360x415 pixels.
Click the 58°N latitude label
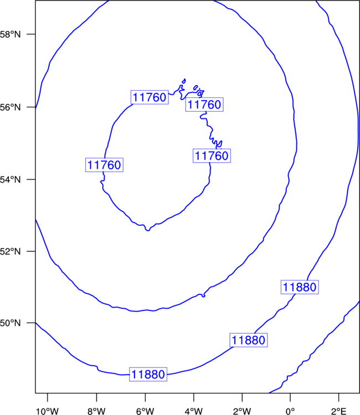click(x=10, y=34)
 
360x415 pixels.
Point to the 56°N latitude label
click(x=10, y=107)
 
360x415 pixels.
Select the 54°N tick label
click(x=10, y=180)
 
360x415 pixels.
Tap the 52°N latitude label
click(x=10, y=251)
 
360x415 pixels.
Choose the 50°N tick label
click(x=10, y=323)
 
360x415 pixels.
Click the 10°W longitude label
click(x=48, y=411)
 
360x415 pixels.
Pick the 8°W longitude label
click(x=96, y=411)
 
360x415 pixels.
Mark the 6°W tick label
click(x=145, y=411)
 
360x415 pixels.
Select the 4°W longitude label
click(x=194, y=411)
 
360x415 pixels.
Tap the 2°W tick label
click(x=242, y=411)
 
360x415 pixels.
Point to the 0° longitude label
click(x=290, y=411)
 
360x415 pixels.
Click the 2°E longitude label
click(x=339, y=411)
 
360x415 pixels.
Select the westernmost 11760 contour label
click(x=104, y=165)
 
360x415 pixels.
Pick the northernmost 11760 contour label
click(x=150, y=97)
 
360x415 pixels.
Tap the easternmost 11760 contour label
click(x=212, y=155)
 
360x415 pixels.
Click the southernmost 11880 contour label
click(x=148, y=374)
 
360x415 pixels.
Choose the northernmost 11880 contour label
click(x=300, y=287)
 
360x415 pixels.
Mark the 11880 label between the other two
click(x=249, y=340)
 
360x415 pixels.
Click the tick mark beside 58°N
click(x=31, y=34)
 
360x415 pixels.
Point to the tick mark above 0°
click(x=290, y=397)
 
